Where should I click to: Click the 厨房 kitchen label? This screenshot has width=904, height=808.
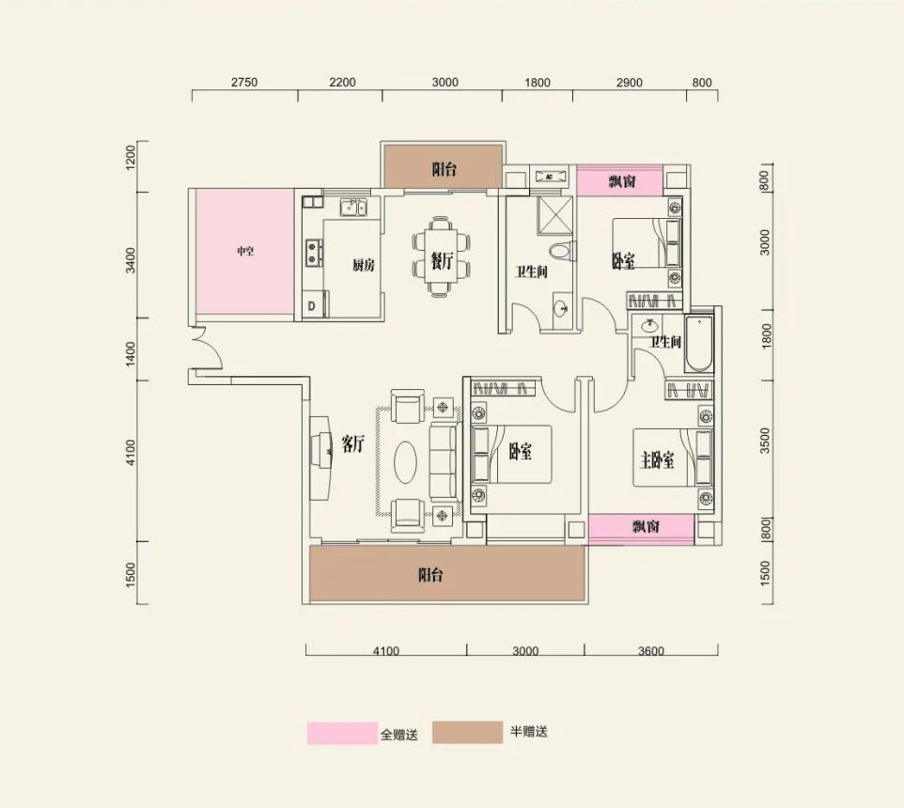click(364, 266)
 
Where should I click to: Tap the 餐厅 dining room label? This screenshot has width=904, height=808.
click(442, 264)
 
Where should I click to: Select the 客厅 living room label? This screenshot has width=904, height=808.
click(351, 445)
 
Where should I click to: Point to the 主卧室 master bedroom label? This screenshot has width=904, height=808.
click(657, 460)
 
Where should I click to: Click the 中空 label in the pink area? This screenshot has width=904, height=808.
click(245, 252)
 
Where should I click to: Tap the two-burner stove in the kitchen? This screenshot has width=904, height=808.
click(312, 252)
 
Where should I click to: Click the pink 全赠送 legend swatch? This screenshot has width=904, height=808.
click(340, 733)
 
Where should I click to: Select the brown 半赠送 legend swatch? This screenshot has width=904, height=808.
click(467, 733)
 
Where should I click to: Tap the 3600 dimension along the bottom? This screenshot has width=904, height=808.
click(649, 650)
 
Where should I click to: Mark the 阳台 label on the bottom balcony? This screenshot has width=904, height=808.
click(430, 576)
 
